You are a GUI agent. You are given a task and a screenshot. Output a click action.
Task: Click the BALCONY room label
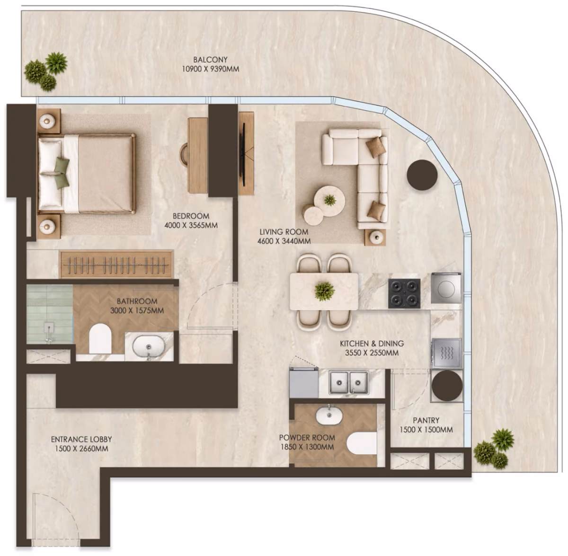point(210,60)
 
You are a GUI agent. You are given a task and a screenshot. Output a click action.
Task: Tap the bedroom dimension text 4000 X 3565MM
point(191,225)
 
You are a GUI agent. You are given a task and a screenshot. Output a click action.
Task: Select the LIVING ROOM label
point(284,232)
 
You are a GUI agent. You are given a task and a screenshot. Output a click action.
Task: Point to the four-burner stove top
point(404,293)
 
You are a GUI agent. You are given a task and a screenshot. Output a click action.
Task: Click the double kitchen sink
point(348,382)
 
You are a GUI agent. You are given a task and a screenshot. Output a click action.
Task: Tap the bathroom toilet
point(100,338)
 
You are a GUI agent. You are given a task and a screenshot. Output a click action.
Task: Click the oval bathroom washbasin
point(149,347)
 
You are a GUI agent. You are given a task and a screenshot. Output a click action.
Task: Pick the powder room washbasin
point(329,415)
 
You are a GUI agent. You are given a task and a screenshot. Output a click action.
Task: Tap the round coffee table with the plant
point(329,201)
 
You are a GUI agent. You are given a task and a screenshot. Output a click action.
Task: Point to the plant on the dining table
point(324,291)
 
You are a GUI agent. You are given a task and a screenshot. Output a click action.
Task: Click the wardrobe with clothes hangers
point(116,265)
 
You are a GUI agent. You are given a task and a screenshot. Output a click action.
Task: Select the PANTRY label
point(426,420)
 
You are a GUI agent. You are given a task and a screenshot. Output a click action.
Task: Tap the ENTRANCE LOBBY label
point(81,439)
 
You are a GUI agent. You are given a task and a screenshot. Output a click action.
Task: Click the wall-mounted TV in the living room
point(244,155)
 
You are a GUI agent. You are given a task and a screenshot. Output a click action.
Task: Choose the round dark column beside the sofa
point(422,175)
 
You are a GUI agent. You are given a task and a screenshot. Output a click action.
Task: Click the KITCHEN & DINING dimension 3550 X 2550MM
point(372,353)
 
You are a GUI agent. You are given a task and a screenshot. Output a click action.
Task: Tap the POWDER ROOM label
point(307,438)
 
